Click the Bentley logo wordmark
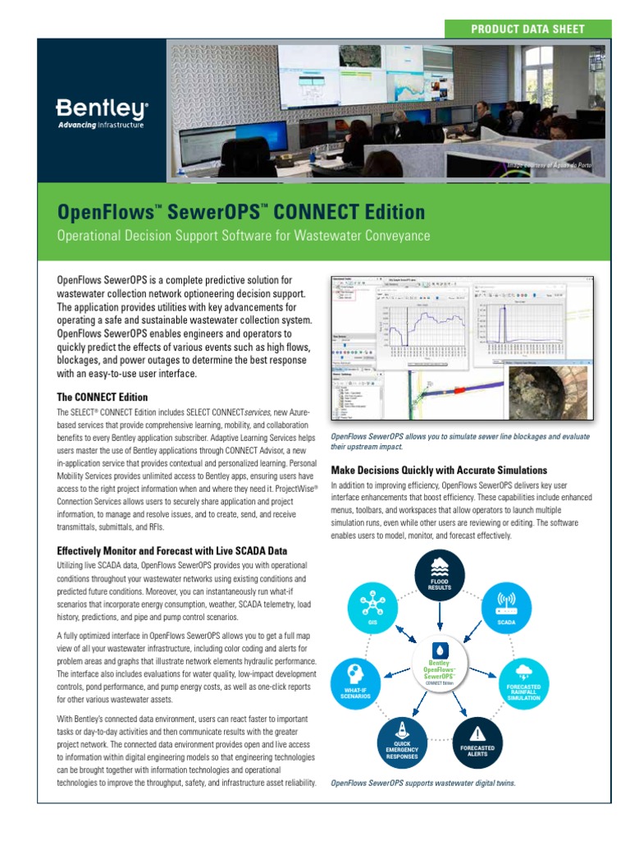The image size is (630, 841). coord(102,108)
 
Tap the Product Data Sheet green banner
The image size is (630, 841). coord(527,29)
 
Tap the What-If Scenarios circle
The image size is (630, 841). coord(356,684)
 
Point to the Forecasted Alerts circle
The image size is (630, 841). coord(477,740)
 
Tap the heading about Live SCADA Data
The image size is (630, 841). coord(171,550)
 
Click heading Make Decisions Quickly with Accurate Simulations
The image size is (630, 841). coord(439,471)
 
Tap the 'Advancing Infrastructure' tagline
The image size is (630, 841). coord(100,125)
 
